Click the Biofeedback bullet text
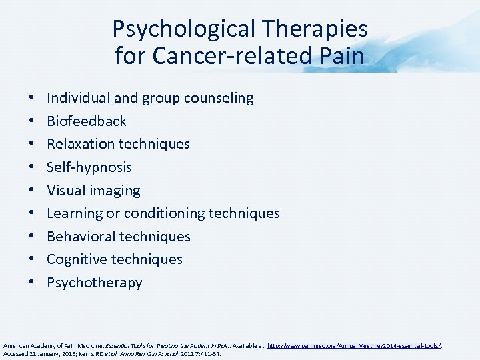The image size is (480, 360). (86, 121)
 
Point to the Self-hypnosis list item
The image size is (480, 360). (89, 167)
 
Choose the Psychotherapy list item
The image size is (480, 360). (94, 283)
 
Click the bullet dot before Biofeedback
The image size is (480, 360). (33, 121)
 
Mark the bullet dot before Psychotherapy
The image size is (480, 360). (33, 283)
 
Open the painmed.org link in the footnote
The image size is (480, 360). (354, 346)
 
